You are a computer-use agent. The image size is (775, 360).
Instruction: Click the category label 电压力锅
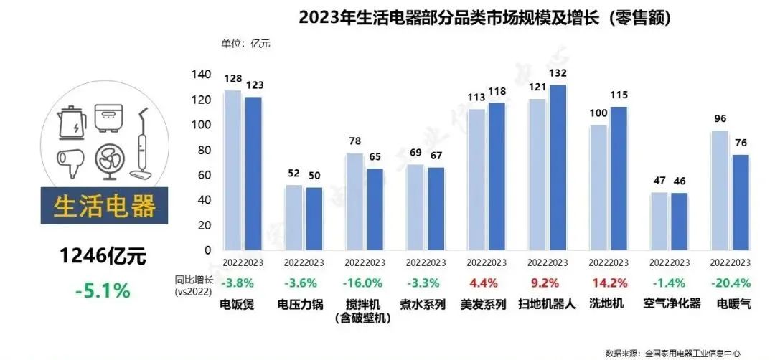click(304, 303)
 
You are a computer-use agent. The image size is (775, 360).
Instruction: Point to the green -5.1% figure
click(103, 290)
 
